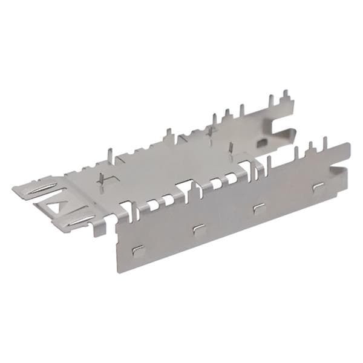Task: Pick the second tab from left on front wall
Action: pos(198,227)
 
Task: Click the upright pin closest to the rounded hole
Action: pos(232,149)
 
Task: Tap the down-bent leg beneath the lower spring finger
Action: pos(97,228)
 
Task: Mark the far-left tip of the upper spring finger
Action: pos(13,188)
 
